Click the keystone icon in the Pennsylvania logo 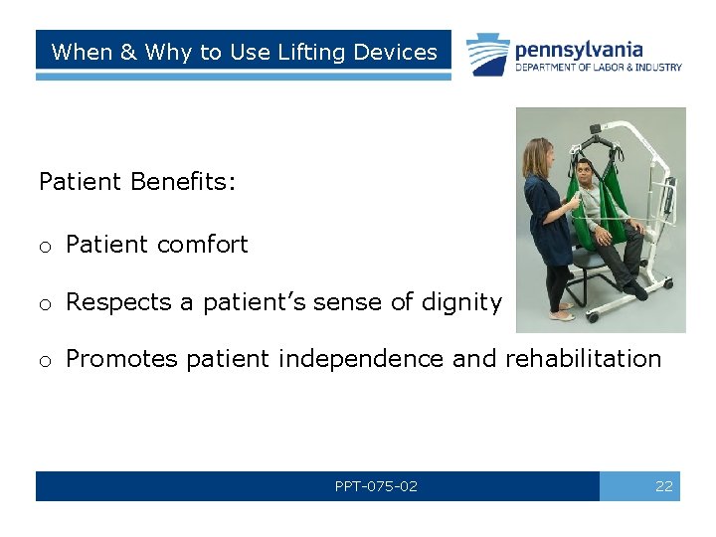488,54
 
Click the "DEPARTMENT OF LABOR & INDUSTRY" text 598,68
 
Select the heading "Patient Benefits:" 137,181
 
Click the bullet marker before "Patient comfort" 45,246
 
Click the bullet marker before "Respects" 45,303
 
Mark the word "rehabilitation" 583,359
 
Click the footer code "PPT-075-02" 376,487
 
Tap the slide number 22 663,487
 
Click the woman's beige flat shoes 562,313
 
